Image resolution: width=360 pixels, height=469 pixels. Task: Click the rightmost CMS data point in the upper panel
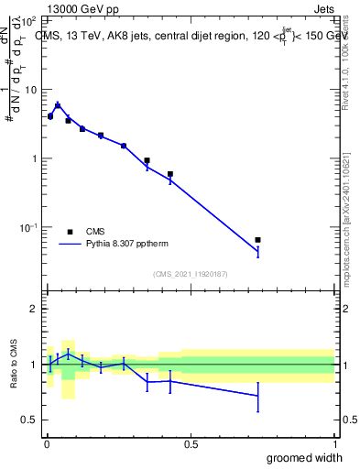tap(258, 240)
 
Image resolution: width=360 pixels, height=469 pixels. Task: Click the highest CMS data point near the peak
tap(58, 106)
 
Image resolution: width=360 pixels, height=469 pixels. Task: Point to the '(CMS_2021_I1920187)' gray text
tap(191, 274)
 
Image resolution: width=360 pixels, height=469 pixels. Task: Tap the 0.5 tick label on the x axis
tap(191, 443)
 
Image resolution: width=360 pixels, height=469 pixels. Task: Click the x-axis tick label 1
tap(334, 443)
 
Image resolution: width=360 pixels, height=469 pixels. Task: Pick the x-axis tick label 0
tap(47, 443)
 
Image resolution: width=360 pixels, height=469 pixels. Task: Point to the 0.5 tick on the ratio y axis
tap(30, 420)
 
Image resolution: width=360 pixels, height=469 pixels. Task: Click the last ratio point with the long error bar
tap(258, 396)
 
